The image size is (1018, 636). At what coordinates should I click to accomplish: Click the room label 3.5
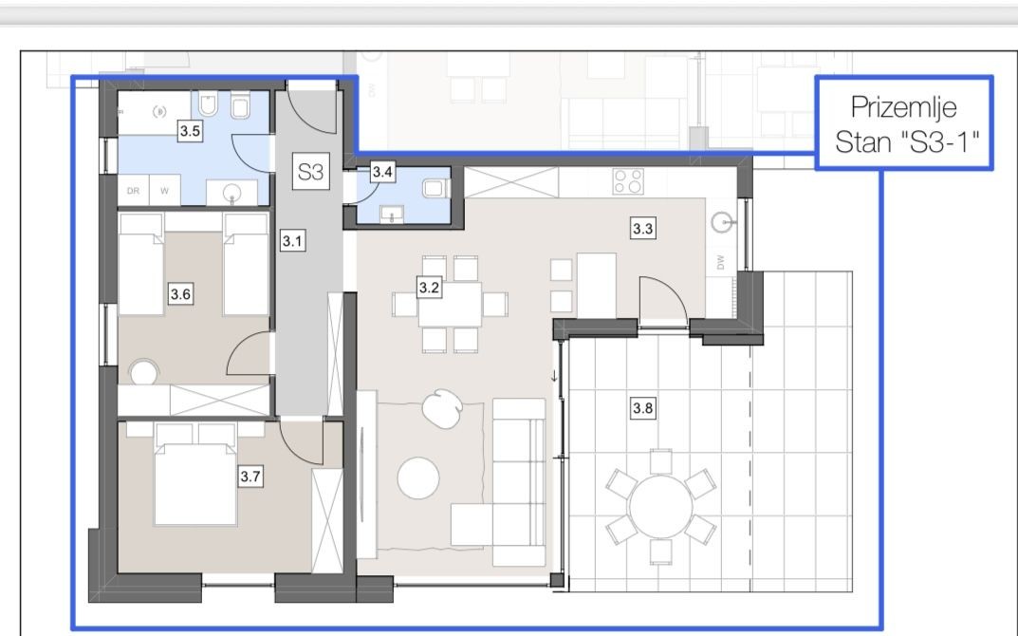coord(190,131)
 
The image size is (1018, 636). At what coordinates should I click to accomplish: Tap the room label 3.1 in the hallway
coord(292,241)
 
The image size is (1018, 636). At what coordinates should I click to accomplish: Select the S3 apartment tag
coord(310,172)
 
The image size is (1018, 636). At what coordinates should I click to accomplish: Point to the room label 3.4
coord(382,172)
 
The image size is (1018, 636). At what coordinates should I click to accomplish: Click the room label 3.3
coord(642,229)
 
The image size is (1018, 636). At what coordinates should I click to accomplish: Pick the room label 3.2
coord(429,288)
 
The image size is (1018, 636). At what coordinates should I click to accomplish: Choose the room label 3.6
coord(180,294)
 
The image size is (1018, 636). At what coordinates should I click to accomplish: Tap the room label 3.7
coord(250,477)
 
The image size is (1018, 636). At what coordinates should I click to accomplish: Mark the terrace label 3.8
coord(642,408)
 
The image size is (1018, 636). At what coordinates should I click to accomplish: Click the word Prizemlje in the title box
coord(903,107)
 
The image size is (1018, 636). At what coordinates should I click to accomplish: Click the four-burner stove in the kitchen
coord(628,181)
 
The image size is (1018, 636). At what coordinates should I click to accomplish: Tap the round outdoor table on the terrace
coord(661,507)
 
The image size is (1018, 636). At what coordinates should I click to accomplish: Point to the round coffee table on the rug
coord(418,477)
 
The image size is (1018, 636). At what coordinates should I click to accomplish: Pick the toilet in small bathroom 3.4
coord(435,188)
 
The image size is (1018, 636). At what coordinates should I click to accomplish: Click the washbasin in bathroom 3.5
coord(231,193)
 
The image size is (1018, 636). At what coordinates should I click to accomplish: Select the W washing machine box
coord(165,191)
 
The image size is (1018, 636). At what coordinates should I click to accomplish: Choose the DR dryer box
coord(133,191)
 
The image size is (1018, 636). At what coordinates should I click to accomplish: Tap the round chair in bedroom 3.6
coord(143,374)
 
